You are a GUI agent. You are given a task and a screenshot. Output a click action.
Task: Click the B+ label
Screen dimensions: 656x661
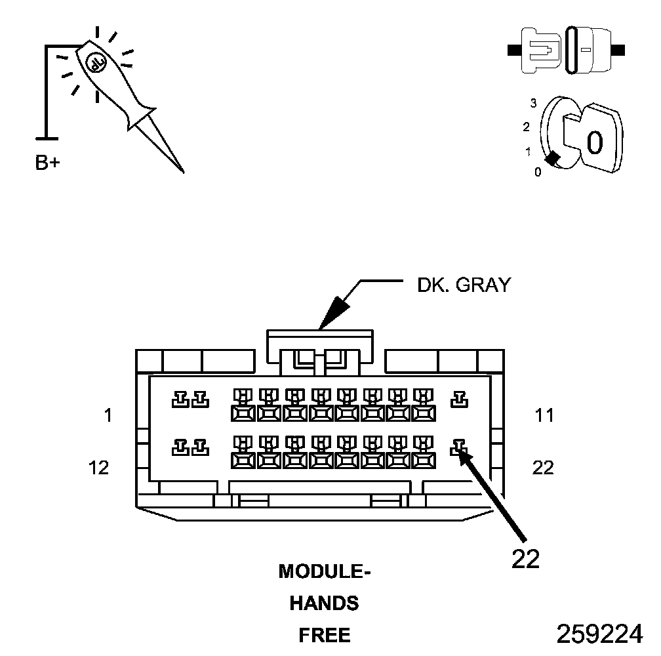47,163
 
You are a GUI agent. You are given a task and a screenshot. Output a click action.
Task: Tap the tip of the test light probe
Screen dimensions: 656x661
183,172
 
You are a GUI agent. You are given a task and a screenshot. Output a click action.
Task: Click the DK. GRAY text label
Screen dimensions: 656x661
464,285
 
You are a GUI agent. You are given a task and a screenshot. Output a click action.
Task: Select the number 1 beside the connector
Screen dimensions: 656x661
108,415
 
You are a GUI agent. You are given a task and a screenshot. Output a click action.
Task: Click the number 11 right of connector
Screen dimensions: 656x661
544,415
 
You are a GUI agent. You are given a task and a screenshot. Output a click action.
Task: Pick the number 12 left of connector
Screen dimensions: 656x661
98,468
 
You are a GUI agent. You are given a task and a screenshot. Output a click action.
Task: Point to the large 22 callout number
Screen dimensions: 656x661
525,558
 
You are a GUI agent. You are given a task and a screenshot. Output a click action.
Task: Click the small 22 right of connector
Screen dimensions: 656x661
543,468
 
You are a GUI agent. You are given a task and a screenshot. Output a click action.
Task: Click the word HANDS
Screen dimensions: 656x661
325,604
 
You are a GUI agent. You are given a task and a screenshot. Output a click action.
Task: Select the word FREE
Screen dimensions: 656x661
325,635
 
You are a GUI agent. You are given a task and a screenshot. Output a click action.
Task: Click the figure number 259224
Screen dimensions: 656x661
599,634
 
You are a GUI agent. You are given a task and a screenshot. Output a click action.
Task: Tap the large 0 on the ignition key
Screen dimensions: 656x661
594,142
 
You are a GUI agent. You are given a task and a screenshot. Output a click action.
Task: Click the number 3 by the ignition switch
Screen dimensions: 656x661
534,103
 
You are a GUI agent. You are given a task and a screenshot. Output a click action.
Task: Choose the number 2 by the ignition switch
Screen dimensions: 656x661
526,127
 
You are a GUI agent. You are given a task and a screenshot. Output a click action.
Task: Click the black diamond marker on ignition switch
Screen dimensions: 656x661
553,158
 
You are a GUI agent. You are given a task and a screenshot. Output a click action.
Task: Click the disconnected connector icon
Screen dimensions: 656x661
567,50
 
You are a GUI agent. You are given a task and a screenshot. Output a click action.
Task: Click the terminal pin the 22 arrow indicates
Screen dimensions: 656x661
458,449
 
